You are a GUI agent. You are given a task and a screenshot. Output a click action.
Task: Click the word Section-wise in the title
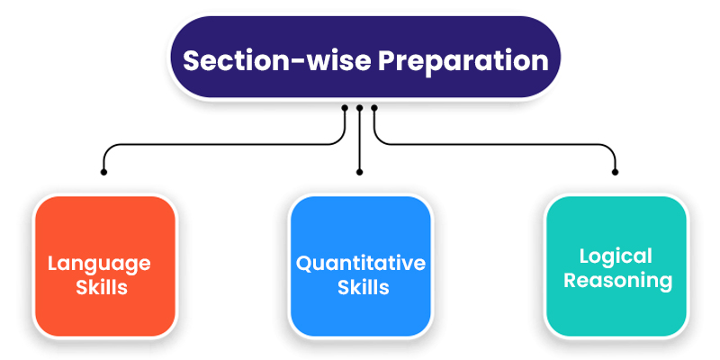click(x=277, y=60)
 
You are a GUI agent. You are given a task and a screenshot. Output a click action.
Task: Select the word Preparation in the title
click(x=463, y=62)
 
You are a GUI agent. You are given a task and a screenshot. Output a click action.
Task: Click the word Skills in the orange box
click(x=102, y=287)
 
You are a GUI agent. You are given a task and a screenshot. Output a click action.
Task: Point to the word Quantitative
click(x=361, y=264)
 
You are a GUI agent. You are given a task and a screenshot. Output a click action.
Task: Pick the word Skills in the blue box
click(x=364, y=287)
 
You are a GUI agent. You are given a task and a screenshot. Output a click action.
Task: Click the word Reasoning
click(x=617, y=281)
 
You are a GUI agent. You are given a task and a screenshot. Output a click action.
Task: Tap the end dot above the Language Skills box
click(x=103, y=172)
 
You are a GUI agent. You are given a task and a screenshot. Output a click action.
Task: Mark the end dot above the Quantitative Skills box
click(x=359, y=172)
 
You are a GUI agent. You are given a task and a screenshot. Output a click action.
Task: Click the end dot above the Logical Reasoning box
click(x=616, y=172)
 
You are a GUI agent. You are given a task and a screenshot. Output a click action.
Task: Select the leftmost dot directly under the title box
click(x=345, y=108)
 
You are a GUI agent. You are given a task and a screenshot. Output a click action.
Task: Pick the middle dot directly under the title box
click(x=359, y=108)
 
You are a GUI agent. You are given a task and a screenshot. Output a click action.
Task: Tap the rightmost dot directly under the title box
click(x=374, y=108)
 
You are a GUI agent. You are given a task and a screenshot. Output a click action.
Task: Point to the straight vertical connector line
click(x=359, y=140)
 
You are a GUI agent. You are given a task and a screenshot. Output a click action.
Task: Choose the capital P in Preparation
click(x=387, y=60)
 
